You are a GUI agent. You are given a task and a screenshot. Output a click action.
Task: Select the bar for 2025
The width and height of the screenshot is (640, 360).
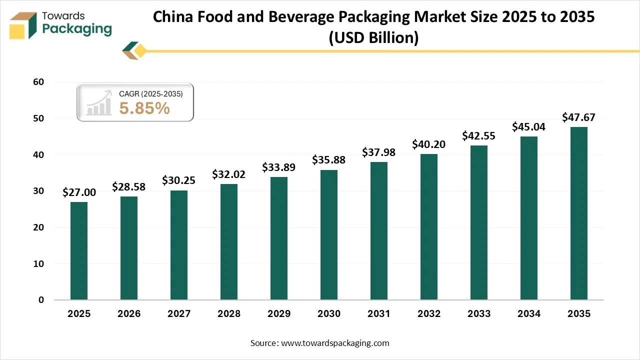(79, 251)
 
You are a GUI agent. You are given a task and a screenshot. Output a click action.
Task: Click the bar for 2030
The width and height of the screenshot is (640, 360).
(329, 235)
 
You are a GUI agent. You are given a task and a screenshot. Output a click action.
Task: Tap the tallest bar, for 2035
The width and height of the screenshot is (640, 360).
(579, 213)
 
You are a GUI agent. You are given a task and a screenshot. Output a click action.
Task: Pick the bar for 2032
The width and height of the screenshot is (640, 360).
(429, 227)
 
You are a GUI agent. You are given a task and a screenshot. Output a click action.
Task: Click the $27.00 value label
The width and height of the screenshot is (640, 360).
(79, 192)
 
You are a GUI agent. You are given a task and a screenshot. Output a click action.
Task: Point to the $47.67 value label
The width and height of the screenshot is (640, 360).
(579, 117)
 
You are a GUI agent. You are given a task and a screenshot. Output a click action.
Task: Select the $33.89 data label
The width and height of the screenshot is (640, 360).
(279, 167)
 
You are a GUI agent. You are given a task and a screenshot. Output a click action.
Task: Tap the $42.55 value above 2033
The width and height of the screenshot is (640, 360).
(479, 135)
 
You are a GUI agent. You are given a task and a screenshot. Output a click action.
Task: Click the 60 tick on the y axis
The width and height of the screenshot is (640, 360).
(39, 82)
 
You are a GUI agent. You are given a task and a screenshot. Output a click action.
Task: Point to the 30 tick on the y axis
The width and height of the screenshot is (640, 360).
(39, 191)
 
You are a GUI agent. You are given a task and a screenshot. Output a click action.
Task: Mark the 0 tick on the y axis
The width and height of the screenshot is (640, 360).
(41, 300)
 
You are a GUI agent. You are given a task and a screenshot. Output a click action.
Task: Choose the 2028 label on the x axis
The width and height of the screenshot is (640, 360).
(229, 314)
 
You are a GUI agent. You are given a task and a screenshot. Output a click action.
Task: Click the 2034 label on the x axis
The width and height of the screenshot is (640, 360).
(529, 314)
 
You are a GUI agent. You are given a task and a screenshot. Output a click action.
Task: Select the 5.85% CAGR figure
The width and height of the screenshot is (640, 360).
(144, 108)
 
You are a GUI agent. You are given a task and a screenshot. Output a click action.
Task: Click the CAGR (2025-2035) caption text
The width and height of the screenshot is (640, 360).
(150, 94)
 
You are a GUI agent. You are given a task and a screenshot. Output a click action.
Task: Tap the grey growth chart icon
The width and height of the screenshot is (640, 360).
(99, 103)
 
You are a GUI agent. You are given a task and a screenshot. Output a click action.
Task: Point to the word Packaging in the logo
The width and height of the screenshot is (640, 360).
(77, 29)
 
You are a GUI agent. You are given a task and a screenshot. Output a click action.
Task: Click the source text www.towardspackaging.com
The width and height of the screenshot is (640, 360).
(335, 343)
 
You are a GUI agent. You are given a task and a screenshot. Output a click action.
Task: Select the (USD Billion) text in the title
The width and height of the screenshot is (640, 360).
(373, 37)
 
